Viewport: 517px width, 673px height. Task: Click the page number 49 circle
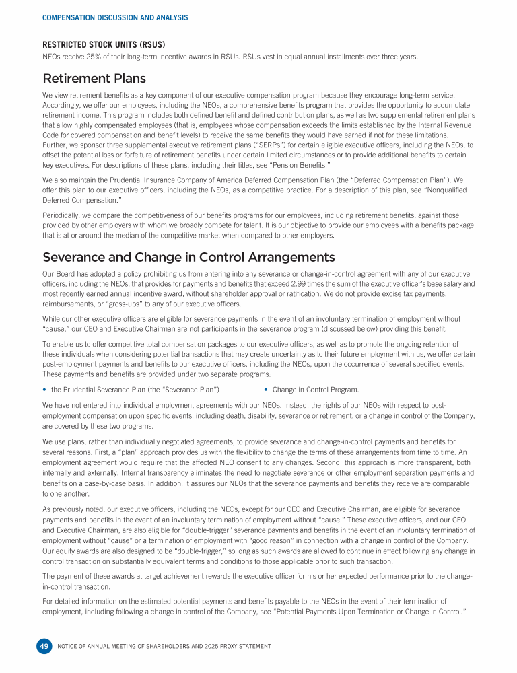tap(44, 646)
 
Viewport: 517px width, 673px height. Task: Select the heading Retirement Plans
tap(94, 79)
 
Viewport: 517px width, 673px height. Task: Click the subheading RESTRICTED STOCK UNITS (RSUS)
tap(104, 45)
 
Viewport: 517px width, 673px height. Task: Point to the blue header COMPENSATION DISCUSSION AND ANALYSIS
tap(115, 17)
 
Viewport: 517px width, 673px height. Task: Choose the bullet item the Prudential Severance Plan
tap(135, 390)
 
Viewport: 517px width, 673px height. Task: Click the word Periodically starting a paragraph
tap(64, 213)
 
